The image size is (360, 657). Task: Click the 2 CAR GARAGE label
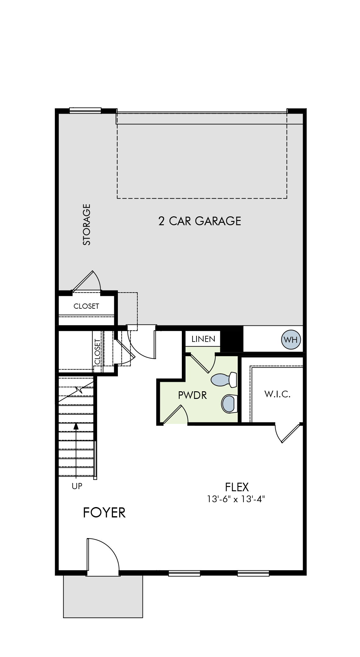(x=199, y=221)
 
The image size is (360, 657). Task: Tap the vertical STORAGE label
(x=87, y=225)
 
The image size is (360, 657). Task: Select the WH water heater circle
(x=291, y=339)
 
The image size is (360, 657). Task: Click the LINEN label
(x=203, y=339)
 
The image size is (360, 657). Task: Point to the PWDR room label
(x=192, y=395)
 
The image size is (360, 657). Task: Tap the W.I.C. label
(x=277, y=394)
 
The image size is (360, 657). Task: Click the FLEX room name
(x=237, y=487)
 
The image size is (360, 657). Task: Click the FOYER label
(x=104, y=513)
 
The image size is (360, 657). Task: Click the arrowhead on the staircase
(x=76, y=426)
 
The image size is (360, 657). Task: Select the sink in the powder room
(x=229, y=404)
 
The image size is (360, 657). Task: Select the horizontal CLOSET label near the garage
(x=86, y=306)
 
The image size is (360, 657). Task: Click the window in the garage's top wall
(x=85, y=110)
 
